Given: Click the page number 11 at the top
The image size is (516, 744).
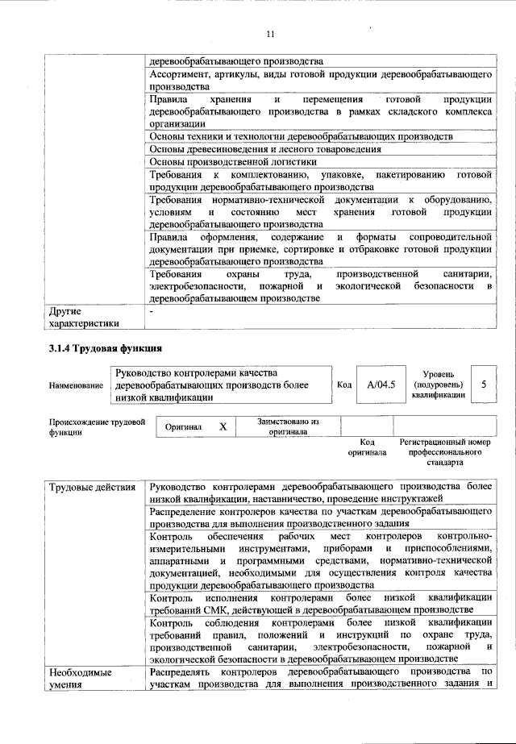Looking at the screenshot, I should (270, 34).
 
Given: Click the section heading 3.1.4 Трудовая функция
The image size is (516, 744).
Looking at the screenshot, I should (106, 349).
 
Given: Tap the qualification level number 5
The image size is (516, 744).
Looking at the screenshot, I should (484, 384).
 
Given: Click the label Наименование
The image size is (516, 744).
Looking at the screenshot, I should (76, 386).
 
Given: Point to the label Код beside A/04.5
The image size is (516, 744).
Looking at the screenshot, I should (344, 385).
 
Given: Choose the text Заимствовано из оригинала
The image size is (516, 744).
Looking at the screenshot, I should (288, 426).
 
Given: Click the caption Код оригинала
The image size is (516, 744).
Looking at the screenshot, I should (367, 447).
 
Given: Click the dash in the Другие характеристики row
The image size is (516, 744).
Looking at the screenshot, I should (152, 310).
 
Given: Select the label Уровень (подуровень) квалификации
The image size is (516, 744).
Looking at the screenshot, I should (438, 384).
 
